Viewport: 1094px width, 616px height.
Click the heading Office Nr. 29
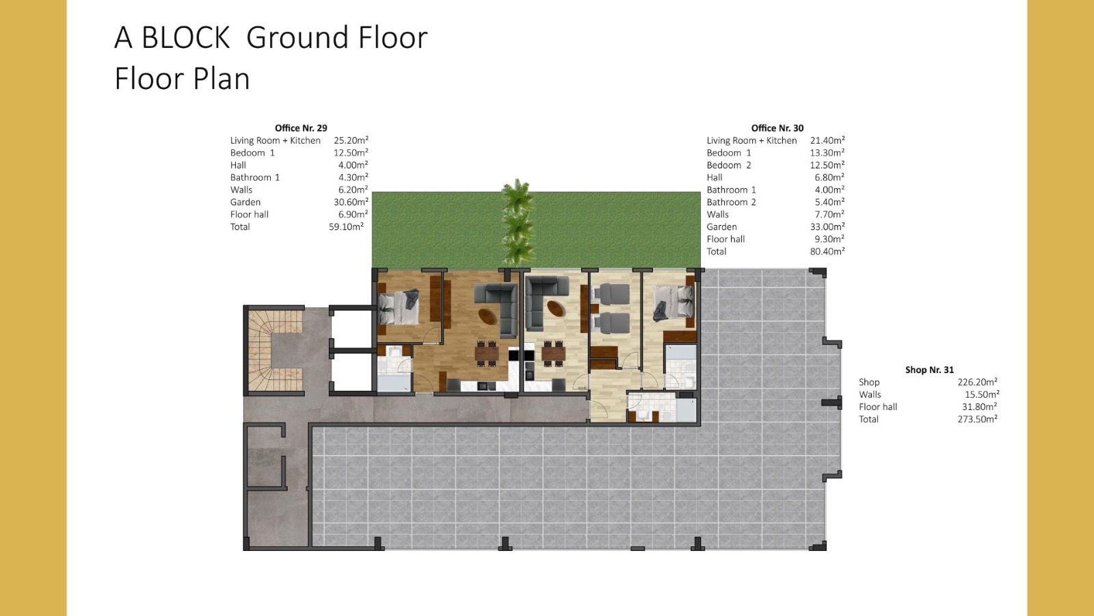301,128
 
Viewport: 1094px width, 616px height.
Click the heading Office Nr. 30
777,128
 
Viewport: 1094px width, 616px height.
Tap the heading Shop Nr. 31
929,370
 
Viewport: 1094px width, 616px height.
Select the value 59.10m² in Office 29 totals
346,227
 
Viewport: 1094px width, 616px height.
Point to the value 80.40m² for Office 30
827,251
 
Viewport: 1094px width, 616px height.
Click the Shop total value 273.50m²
977,419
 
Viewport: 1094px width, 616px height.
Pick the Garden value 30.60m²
351,202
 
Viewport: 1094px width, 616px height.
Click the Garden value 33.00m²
827,227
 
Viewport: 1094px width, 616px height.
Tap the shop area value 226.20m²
977,382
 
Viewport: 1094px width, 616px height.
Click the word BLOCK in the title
185,38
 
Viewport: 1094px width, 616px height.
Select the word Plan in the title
222,79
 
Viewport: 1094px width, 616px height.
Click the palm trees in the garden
517,223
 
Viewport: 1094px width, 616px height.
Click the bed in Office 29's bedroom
399,307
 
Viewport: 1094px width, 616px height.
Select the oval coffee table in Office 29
488,316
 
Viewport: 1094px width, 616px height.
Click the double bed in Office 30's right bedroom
673,303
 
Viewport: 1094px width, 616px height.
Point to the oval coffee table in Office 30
557,309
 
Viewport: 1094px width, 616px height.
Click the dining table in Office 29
487,353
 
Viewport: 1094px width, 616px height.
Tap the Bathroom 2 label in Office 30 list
731,202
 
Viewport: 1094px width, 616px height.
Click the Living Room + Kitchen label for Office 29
276,140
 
